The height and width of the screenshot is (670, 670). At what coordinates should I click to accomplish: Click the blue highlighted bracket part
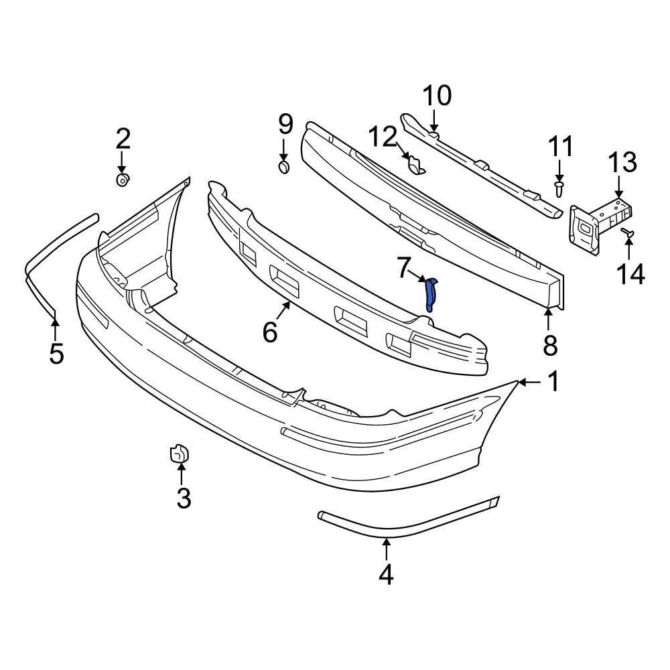pos(431,295)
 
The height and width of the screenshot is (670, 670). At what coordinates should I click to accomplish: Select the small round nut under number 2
pos(123,180)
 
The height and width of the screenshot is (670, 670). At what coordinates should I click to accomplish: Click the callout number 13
pos(622,163)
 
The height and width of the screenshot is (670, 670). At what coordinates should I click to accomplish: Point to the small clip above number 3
pos(179,454)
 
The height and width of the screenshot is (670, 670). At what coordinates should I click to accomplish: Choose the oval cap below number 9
pos(284,166)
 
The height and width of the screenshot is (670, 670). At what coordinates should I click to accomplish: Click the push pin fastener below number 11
pos(559,188)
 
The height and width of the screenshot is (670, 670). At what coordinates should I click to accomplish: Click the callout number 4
pos(386,574)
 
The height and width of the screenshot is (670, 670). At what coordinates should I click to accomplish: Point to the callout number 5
pos(56,352)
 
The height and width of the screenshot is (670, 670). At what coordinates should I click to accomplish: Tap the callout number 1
pos(553,383)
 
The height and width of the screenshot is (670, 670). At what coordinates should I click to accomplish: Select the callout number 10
pos(437,96)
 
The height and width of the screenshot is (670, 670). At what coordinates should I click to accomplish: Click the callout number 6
pos(270,332)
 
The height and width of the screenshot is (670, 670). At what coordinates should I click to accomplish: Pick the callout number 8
pos(549,345)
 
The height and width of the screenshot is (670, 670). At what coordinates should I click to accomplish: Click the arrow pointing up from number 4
pos(386,549)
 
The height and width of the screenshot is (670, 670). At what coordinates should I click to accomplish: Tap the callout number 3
pos(183,498)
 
